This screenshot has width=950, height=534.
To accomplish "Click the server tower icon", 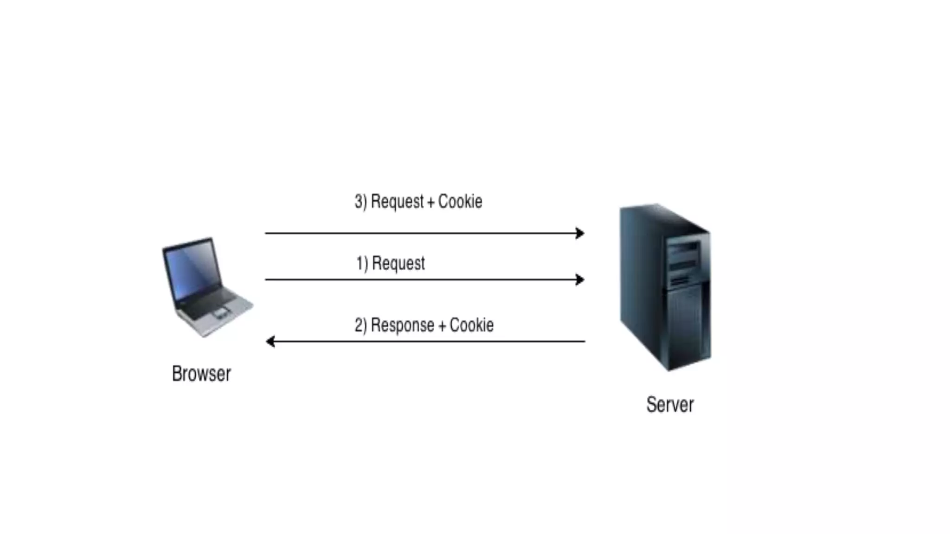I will click(665, 287).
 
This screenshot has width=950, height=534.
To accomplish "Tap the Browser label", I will click(201, 374).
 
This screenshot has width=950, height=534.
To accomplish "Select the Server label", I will click(670, 405).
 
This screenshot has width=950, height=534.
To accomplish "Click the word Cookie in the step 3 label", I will click(460, 202).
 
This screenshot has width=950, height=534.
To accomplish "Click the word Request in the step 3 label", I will click(398, 202).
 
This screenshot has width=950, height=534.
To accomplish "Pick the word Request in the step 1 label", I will click(398, 263).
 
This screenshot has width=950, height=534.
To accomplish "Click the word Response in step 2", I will click(403, 325).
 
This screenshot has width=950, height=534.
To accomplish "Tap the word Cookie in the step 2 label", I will click(471, 325).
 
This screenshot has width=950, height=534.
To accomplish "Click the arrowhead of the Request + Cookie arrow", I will click(580, 233).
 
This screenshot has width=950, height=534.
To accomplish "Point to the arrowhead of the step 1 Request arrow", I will click(580, 280).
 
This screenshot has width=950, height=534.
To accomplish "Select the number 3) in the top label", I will click(360, 202).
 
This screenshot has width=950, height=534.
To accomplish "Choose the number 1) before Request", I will click(362, 263).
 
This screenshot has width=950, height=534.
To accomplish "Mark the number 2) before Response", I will click(360, 325).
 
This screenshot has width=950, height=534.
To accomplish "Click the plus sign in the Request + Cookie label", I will click(431, 203).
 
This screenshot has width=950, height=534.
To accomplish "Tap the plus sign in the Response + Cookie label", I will click(442, 326).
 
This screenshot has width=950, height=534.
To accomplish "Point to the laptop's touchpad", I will click(220, 313).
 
